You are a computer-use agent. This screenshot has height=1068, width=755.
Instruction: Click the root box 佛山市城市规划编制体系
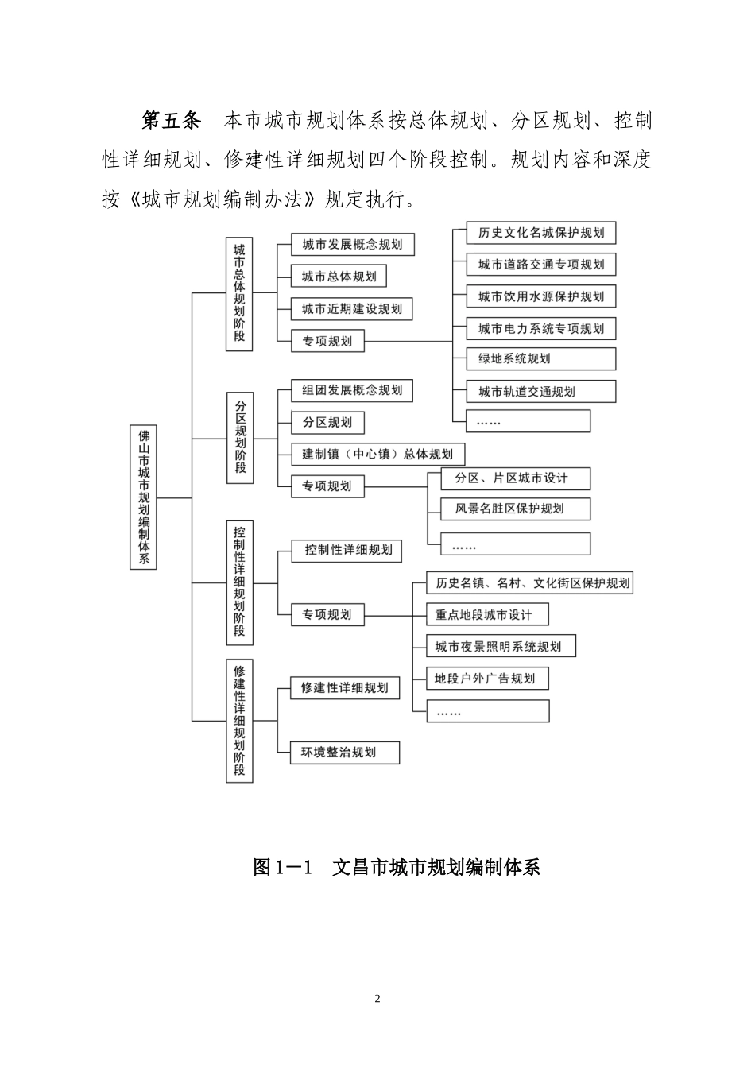(x=143, y=497)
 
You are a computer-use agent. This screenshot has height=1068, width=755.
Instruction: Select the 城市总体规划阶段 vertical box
(x=239, y=292)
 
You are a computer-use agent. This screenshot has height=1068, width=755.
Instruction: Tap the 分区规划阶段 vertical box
(x=240, y=437)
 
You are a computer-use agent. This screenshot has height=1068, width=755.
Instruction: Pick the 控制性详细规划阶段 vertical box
(x=239, y=582)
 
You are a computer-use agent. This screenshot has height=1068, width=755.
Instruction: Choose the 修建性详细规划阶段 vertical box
(x=239, y=721)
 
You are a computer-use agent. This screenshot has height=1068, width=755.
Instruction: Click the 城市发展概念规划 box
(x=352, y=245)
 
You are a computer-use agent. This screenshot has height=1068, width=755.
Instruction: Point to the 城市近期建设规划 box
(x=351, y=309)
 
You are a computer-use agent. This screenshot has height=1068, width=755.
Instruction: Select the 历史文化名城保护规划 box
(x=540, y=233)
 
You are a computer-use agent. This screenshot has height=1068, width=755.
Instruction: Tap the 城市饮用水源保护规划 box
(x=540, y=296)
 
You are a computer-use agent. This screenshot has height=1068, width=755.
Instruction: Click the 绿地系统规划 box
(x=540, y=358)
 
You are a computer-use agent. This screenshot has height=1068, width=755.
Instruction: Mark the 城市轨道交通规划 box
(x=540, y=391)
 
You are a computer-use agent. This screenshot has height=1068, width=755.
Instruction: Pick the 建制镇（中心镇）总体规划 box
(x=377, y=454)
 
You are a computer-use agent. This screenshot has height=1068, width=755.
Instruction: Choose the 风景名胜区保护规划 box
(x=515, y=509)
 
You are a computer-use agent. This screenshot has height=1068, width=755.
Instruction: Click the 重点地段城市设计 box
(x=487, y=614)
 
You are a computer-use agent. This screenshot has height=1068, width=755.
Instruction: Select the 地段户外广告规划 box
(x=487, y=679)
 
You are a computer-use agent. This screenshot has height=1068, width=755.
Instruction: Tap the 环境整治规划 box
(x=344, y=753)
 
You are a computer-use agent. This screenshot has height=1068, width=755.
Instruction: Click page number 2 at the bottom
(x=377, y=999)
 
